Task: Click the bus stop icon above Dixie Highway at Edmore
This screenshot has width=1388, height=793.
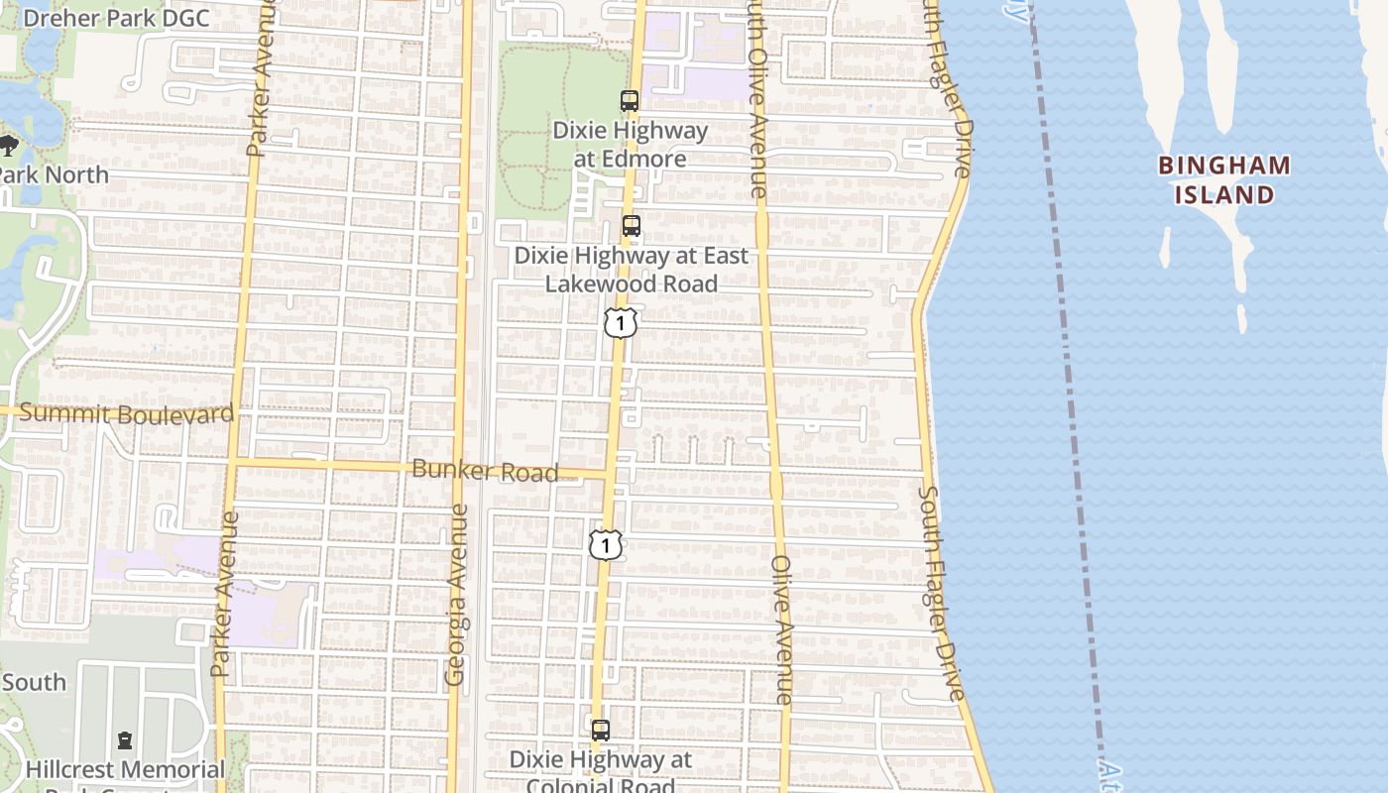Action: pos(630,100)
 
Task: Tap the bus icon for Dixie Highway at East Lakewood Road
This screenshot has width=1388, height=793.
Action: pos(632,226)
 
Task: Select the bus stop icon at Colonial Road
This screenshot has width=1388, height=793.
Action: pos(601,731)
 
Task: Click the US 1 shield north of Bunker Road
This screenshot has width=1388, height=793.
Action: pos(620,322)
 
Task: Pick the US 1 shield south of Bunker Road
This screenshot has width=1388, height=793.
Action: pos(606,544)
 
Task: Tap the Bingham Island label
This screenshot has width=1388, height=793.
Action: pos(1224,179)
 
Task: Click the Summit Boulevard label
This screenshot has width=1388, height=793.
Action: pos(127,413)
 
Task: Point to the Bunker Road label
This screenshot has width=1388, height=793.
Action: pos(485,471)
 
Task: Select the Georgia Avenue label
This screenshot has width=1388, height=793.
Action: pos(457,595)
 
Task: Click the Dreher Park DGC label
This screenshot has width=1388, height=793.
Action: pos(116,18)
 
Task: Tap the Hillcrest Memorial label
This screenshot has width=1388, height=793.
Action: pos(125,769)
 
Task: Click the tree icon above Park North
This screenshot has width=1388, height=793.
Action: pos(9,147)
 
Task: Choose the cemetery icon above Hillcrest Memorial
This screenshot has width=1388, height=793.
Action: pos(125,739)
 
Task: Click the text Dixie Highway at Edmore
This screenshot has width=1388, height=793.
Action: pos(631,145)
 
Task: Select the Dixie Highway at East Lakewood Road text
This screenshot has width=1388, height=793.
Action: pos(631,270)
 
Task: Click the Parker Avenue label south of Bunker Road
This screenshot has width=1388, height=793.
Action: pos(224,595)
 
